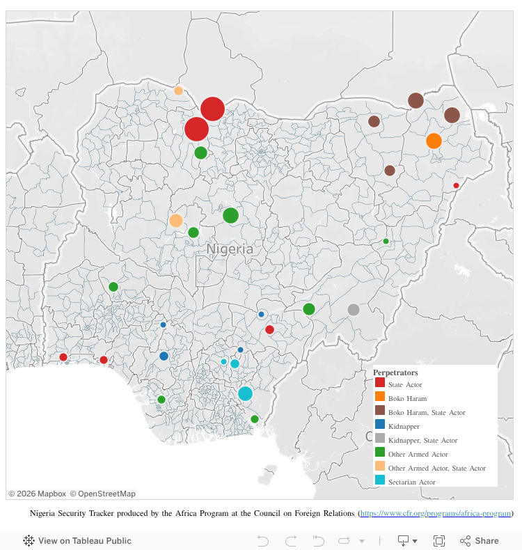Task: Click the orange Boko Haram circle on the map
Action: pos(434,141)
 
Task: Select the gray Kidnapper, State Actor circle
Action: pos(354,310)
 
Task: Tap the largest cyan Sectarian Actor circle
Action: pos(245,393)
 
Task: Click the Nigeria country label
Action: pos(230,249)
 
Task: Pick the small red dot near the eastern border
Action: pos(456,185)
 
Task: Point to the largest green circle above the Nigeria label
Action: pos(230,215)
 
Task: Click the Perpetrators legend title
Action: pos(395,372)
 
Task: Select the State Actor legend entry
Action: pos(405,384)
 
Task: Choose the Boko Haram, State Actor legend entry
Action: pos(426,413)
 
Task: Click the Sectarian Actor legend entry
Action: pos(411,482)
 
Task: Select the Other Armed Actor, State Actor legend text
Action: pos(436,468)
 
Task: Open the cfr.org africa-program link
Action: pos(436,514)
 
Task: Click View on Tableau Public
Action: pos(84,540)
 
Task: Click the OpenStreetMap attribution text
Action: pos(102,494)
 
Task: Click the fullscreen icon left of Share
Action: pos(439,540)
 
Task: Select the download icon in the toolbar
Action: pos(404,540)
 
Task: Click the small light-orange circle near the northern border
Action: pos(178,91)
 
